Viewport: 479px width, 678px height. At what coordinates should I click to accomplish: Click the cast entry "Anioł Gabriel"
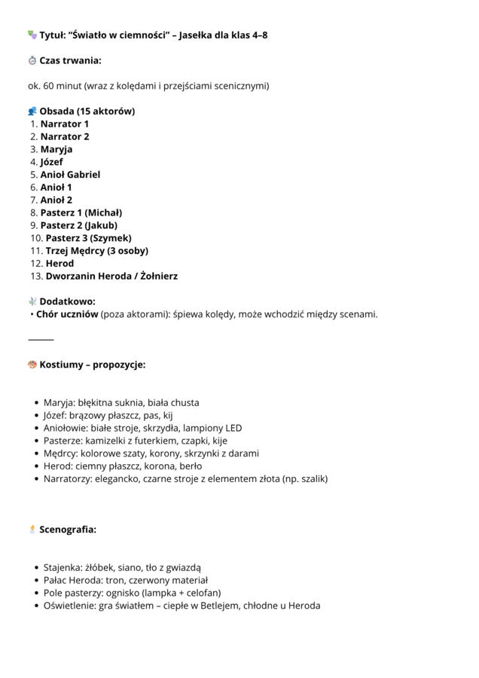point(70,175)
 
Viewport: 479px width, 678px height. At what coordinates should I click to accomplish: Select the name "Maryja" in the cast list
point(56,149)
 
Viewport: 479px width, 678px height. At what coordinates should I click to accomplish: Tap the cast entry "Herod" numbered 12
point(59,264)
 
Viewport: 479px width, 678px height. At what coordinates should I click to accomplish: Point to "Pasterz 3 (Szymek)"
point(88,238)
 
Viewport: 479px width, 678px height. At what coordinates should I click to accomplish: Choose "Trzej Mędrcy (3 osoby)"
point(96,251)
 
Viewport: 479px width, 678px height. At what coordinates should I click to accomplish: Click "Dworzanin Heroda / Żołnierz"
point(111,276)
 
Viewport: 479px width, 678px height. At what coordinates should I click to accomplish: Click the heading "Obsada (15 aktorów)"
point(87,111)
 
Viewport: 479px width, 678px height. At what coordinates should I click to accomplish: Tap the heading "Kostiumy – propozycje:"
point(92,365)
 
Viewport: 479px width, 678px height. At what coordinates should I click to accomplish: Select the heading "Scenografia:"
point(68,530)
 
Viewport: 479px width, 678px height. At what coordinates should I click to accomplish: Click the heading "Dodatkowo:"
point(67,301)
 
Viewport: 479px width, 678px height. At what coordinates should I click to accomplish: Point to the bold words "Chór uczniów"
point(67,314)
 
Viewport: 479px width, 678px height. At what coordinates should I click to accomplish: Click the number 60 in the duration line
point(49,86)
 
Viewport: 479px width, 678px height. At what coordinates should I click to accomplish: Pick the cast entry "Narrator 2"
point(65,136)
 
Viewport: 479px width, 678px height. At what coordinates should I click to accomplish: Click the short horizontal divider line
point(41,340)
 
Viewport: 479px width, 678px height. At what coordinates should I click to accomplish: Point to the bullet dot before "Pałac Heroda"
point(36,581)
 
